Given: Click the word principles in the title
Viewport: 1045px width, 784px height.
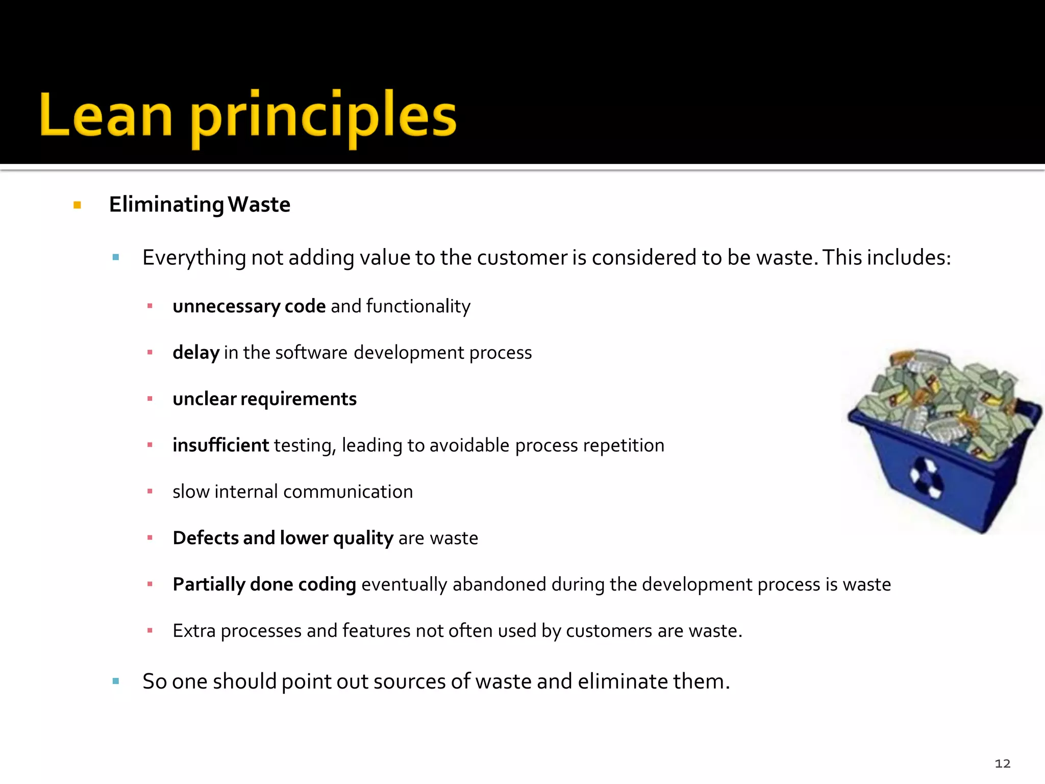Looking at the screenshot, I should click(x=324, y=117).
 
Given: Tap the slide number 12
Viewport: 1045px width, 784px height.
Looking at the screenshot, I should click(x=1002, y=764).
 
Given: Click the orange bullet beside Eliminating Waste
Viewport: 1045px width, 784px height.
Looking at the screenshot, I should click(x=78, y=205).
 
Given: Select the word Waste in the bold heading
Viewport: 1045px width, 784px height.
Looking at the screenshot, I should click(x=259, y=205).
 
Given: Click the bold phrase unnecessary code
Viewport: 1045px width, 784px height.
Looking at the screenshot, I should click(x=249, y=306).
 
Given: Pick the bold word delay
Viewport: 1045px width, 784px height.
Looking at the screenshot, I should click(x=196, y=353).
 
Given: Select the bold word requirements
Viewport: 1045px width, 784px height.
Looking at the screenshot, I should click(x=298, y=399).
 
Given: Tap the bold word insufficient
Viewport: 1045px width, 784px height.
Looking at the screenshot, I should click(x=220, y=445).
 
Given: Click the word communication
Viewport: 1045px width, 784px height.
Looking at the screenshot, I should click(x=348, y=492).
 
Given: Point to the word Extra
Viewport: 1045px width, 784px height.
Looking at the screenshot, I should click(x=194, y=631).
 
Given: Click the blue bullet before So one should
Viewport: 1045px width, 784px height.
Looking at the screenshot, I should click(x=116, y=681).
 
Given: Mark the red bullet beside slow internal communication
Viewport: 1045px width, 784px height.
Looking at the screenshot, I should click(x=150, y=492).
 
